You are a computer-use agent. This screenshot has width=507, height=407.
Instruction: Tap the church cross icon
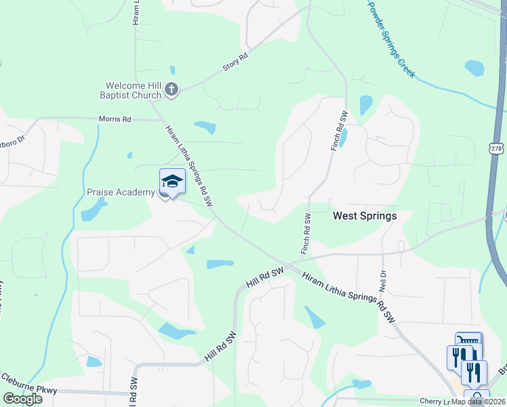click(x=171, y=89)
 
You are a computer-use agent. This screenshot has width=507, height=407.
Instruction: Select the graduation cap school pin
click(x=172, y=181)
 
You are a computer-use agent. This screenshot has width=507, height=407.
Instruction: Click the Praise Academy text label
click(x=121, y=192)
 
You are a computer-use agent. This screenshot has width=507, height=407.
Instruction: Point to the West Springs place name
click(x=364, y=216)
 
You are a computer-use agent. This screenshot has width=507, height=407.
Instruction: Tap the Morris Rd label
click(x=115, y=119)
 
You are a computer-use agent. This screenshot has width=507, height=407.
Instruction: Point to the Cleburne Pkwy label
click(x=28, y=389)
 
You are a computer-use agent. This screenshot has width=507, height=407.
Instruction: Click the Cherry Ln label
click(x=432, y=401)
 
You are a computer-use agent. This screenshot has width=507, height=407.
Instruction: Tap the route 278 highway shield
click(x=497, y=149)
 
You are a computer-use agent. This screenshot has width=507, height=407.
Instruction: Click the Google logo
click(x=22, y=398)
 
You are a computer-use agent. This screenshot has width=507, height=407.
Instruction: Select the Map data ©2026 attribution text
click(x=479, y=402)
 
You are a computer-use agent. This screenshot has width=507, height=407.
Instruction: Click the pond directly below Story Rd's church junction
click(x=205, y=126)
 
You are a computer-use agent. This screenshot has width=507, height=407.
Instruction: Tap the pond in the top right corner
click(x=474, y=68)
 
